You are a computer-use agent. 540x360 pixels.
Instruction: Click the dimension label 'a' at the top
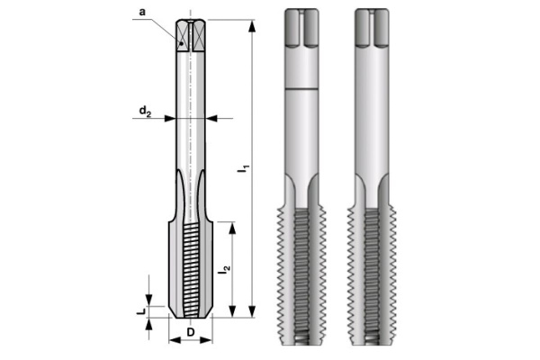(143, 11)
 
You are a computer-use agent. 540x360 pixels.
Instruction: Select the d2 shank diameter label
(145, 112)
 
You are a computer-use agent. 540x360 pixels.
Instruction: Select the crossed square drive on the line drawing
(191, 35)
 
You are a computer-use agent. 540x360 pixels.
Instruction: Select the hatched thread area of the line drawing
(191, 270)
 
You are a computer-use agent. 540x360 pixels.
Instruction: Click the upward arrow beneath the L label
(149, 326)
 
